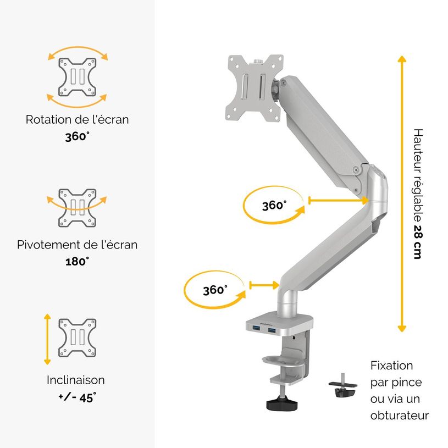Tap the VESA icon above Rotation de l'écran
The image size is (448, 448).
[78, 78]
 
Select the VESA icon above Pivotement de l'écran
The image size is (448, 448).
[78, 208]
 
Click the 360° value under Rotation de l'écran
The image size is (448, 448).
[77, 136]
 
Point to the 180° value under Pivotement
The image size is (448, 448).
[77, 261]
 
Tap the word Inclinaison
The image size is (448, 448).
[76, 380]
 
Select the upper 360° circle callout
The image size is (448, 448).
[273, 205]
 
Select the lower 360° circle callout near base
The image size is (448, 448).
[214, 290]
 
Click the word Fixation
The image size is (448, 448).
[391, 366]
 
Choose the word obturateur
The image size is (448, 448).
[400, 415]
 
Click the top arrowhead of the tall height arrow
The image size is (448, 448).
[402, 59]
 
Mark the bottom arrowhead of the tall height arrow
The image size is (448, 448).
[402, 328]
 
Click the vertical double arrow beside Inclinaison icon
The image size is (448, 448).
[47, 339]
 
